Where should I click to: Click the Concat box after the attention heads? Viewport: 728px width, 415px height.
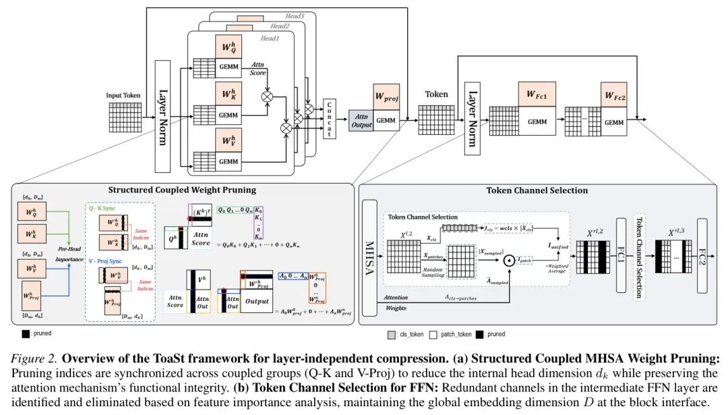tap(330, 119)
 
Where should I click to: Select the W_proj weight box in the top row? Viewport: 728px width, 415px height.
tap(386, 96)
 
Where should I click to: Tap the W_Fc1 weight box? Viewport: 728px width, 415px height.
tap(537, 94)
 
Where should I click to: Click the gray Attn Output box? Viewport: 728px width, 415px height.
tap(362, 120)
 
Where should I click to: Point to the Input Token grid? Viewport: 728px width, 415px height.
tap(124, 117)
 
